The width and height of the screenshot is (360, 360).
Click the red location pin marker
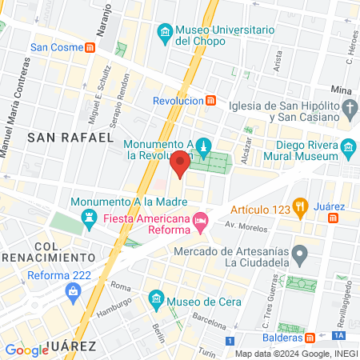point(180,164)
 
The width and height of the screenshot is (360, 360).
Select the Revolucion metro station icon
point(210,101)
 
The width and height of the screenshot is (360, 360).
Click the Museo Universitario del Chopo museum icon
point(166,31)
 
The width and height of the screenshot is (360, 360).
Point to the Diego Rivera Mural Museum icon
point(348,146)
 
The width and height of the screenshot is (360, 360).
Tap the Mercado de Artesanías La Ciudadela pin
point(300,256)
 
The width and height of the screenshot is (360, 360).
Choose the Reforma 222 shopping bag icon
point(74,291)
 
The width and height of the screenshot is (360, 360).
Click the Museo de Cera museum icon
point(157,302)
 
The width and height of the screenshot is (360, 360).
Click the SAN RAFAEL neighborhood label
point(70,138)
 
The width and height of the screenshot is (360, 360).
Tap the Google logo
point(26,350)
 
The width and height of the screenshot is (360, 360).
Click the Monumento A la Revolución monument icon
point(206,147)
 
